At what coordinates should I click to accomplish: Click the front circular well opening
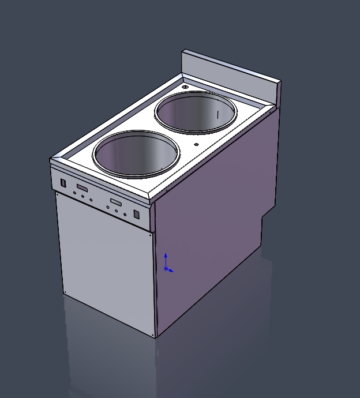pos(136,155)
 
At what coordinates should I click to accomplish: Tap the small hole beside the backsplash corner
pos(185,87)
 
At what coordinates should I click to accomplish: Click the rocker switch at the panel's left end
pos(63,183)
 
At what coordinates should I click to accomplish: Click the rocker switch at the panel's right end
pos(137,214)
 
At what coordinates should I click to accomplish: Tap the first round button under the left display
pos(74,193)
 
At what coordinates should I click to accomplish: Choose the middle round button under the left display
pos(82,196)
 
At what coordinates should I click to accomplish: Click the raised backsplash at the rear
pos(231,72)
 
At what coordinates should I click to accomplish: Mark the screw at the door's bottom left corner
pos(65,291)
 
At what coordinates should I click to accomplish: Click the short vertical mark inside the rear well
pos(217,115)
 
